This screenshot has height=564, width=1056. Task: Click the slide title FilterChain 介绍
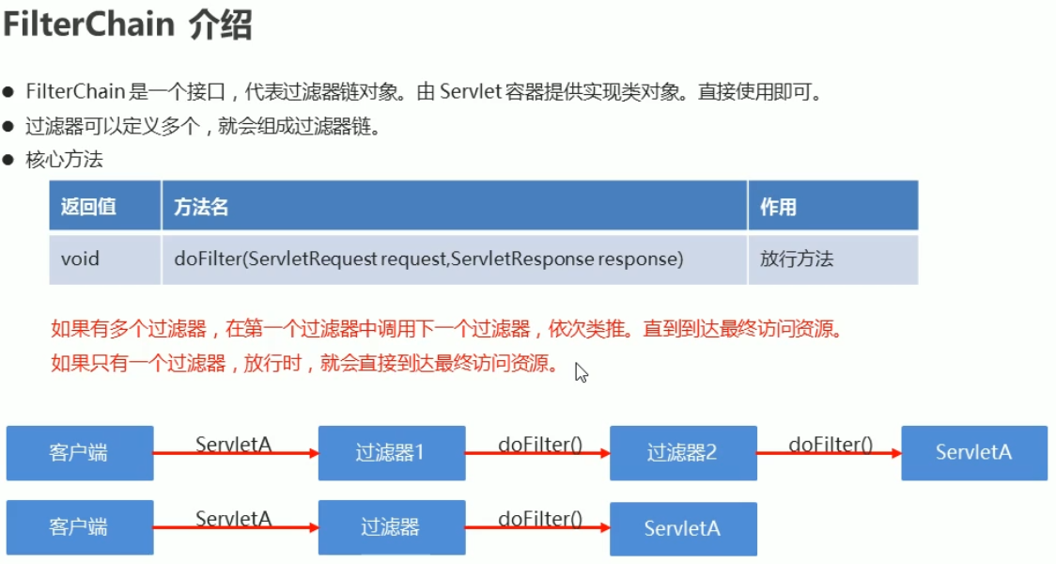(128, 24)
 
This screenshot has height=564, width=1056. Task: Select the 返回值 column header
(89, 207)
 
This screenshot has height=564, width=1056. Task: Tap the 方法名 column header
(201, 207)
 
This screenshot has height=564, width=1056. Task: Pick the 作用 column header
(778, 207)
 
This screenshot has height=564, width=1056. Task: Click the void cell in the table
(80, 258)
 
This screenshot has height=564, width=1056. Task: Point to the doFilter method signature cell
(427, 258)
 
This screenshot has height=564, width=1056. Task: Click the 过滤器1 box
(391, 453)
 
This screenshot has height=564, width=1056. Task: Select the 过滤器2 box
(682, 453)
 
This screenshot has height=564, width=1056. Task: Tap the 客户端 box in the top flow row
(79, 453)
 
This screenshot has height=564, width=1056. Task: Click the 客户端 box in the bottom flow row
(79, 527)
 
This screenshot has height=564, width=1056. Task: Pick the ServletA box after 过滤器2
(973, 453)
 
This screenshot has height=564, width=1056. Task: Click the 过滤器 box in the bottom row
(391, 527)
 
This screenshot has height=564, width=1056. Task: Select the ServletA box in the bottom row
(682, 527)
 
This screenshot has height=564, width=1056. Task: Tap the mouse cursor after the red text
(581, 372)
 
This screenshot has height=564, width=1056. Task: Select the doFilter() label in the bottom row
(539, 519)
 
